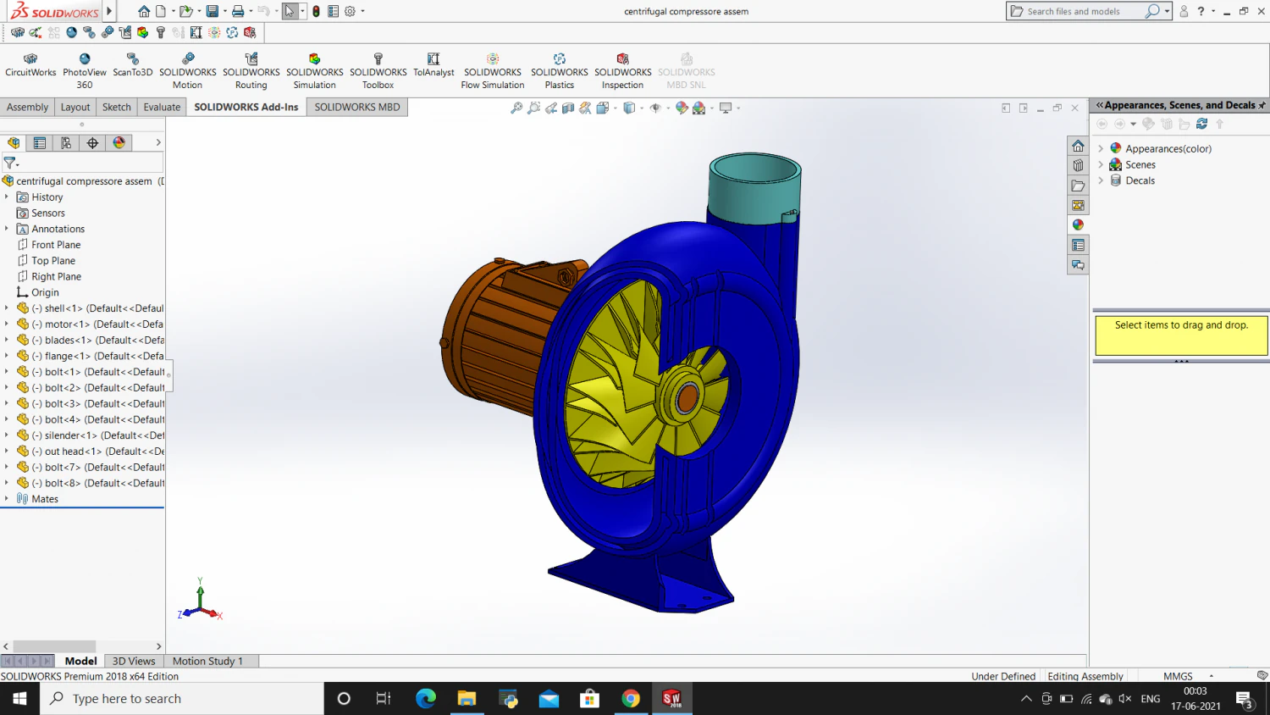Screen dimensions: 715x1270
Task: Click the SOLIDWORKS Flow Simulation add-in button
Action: (x=492, y=71)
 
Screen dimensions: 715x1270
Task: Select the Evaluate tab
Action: (x=162, y=107)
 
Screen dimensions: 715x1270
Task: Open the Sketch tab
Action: (x=117, y=107)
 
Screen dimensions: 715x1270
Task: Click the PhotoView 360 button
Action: (x=85, y=71)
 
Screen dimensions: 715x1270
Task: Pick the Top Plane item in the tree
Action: (x=53, y=261)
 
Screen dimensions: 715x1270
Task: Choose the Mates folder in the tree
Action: (x=45, y=499)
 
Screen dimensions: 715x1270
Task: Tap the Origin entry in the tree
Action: (x=45, y=292)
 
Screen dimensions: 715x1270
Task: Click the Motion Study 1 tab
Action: (x=207, y=661)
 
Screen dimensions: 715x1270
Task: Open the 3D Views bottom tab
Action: (x=134, y=661)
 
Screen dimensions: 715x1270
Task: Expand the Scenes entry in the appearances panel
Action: (x=1101, y=165)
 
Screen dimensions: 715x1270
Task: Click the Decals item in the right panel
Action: (x=1140, y=180)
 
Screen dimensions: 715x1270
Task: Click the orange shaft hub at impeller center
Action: (x=687, y=397)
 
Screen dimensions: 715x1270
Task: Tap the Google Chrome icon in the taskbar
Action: (x=631, y=699)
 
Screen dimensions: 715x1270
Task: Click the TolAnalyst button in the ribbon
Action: (x=433, y=65)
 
